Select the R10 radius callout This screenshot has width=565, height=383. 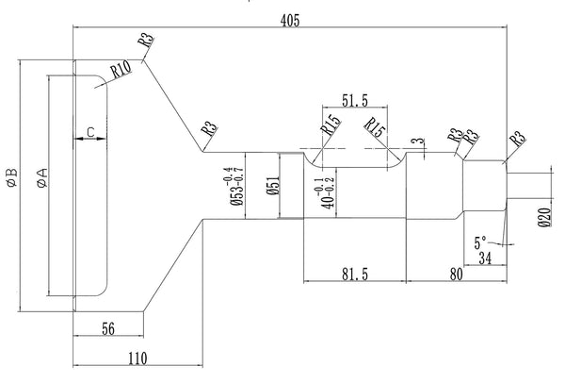[x=120, y=70]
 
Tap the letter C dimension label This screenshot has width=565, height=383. [x=90, y=129]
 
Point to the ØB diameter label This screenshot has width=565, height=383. [x=10, y=178]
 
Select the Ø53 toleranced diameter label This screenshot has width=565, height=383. [x=234, y=185]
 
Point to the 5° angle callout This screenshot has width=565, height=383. [x=482, y=242]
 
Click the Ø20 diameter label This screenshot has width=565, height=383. [x=543, y=220]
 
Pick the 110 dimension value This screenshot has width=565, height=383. [x=137, y=358]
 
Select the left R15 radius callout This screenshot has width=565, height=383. [x=331, y=123]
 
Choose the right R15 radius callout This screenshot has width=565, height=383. [x=376, y=126]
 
